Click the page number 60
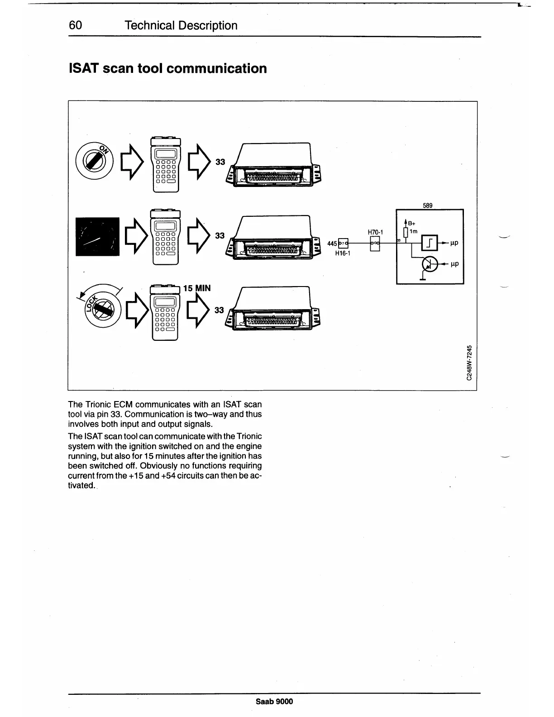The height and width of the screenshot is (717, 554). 75,25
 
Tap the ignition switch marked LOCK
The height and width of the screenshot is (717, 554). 101,311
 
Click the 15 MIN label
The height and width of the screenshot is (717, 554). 197,288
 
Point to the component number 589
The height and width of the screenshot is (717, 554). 428,206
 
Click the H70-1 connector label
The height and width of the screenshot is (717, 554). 375,232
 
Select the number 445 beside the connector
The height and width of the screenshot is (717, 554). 332,244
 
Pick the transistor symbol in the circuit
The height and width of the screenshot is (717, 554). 430,264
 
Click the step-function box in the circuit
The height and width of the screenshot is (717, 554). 430,244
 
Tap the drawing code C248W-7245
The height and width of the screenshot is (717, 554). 471,363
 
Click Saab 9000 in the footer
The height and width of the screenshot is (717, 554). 274,702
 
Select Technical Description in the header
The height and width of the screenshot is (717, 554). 181,25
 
